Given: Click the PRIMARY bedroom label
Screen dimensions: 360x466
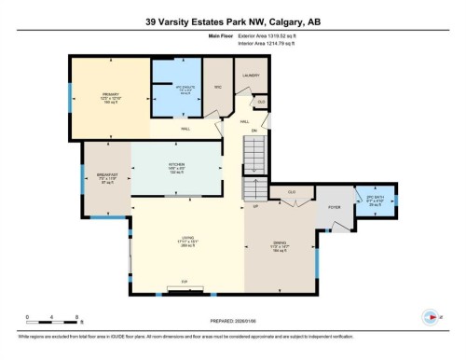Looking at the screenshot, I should [110, 94].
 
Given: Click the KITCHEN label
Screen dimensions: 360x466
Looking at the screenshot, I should [176, 164].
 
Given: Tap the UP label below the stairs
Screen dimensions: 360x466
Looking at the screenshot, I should [254, 207].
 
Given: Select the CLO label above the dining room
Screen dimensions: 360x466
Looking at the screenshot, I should [292, 190].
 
